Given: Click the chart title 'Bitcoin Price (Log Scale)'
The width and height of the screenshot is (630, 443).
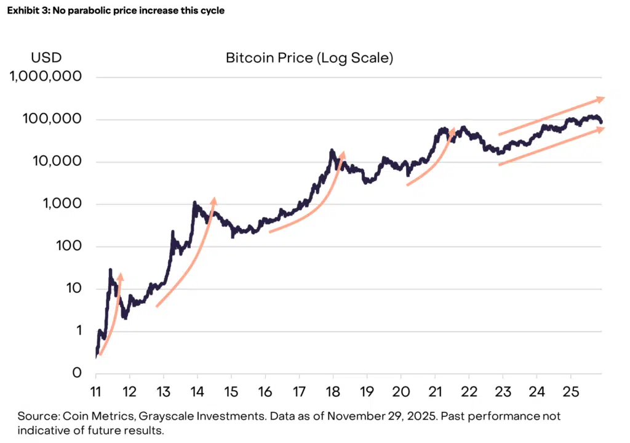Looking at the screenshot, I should pyautogui.click(x=309, y=59).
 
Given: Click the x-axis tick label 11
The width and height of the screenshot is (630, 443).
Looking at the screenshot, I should pyautogui.click(x=96, y=391).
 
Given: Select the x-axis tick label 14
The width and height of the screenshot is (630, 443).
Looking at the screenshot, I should pyautogui.click(x=197, y=391).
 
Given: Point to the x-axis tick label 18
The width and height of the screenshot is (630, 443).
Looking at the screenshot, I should pyautogui.click(x=333, y=391).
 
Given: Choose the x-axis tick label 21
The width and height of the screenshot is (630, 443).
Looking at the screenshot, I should pyautogui.click(x=435, y=391).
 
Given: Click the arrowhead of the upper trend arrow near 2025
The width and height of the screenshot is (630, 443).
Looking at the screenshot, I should pyautogui.click(x=602, y=99).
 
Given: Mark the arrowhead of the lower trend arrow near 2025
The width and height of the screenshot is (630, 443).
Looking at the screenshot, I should pyautogui.click(x=602, y=128).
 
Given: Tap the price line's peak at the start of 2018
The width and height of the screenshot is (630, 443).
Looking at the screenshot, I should pyautogui.click(x=332, y=150).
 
